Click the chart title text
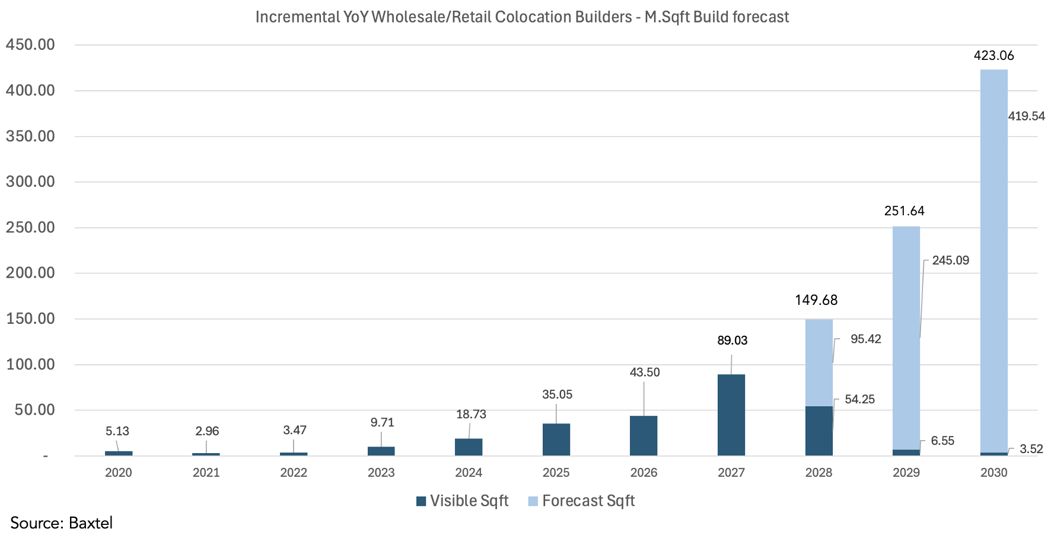click(522, 17)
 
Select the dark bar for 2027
click(731, 415)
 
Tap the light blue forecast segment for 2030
click(993, 261)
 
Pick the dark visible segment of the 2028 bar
click(818, 431)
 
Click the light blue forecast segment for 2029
click(906, 338)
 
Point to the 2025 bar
click(556, 440)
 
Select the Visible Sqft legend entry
click(463, 501)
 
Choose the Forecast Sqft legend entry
click(581, 501)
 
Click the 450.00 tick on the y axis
click(30, 45)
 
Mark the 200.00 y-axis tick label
click(30, 273)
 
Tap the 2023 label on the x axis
click(381, 473)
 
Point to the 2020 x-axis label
click(118, 473)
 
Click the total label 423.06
click(993, 56)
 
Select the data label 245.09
click(950, 260)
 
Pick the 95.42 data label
click(865, 339)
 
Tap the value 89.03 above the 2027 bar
click(732, 340)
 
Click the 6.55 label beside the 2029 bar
click(942, 441)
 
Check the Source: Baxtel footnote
click(61, 523)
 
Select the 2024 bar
click(469, 447)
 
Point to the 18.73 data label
click(471, 415)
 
